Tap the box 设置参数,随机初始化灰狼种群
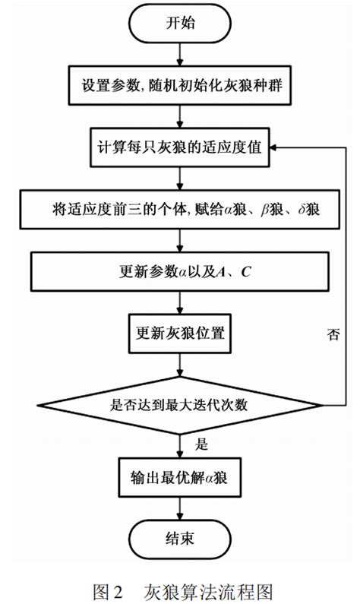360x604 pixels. (180, 84)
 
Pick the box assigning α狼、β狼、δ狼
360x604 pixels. (180, 207)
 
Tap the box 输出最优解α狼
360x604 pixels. (180, 479)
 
